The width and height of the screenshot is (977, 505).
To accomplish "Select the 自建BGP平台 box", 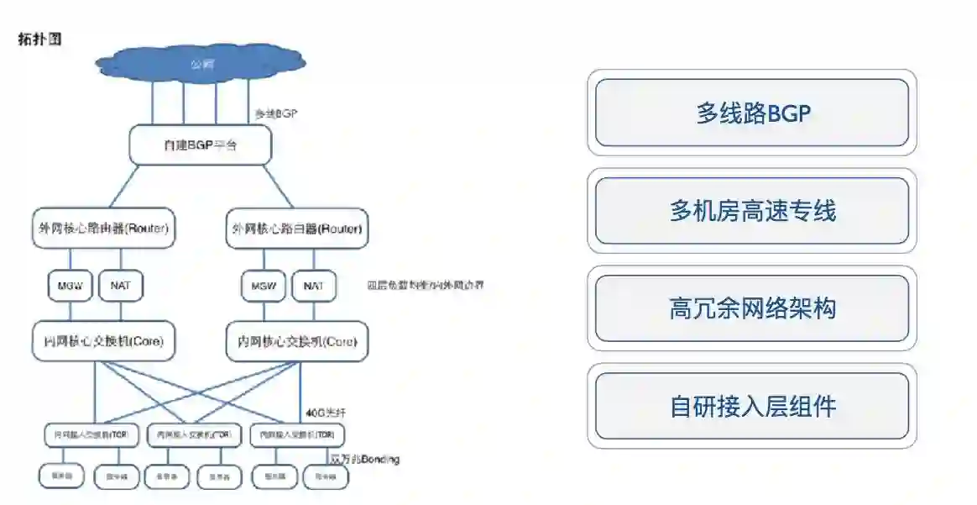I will (201, 145).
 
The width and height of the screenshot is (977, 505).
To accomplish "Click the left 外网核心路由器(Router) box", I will (104, 228).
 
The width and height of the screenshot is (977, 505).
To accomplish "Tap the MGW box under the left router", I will (69, 286).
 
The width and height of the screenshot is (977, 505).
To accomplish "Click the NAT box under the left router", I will (120, 286).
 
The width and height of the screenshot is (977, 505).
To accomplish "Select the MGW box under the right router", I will (263, 286).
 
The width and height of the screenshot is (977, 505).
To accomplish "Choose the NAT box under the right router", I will (313, 286).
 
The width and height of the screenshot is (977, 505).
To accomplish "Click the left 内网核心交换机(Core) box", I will (103, 342).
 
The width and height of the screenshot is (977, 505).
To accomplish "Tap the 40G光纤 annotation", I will (326, 413).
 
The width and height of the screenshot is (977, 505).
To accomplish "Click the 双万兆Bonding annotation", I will (364, 460).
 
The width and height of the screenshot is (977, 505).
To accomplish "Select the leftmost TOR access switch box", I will (92, 435).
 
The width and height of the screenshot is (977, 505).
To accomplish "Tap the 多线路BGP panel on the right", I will (752, 113).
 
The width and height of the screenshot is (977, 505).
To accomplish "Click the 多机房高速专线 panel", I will (752, 210).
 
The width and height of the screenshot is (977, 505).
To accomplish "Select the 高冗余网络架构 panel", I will (752, 308).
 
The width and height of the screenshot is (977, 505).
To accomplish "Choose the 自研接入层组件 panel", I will (752, 406).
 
